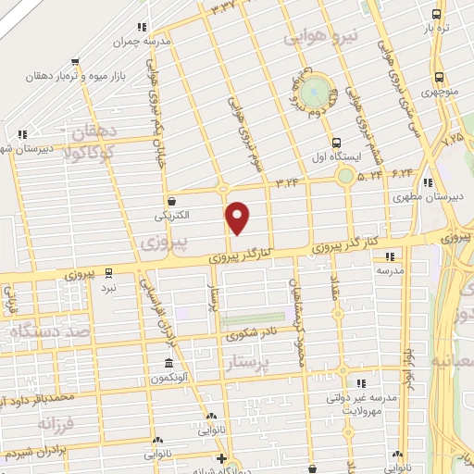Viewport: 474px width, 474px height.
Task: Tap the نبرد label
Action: tap(109, 287)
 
